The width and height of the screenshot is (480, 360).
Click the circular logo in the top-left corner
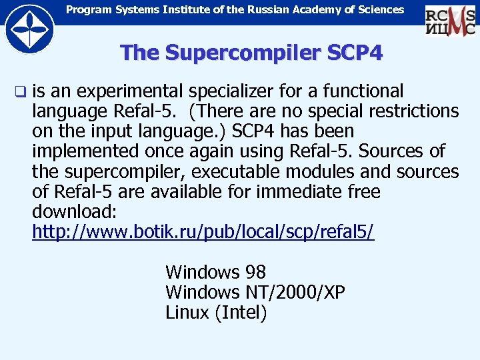coord(27,27)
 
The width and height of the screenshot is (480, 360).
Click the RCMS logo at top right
coord(450,19)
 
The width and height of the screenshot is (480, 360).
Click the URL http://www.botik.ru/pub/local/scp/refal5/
coord(203,232)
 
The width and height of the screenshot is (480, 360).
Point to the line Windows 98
coord(215,272)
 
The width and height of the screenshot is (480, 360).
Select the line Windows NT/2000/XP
coord(255,292)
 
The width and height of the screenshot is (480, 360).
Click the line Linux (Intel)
coord(216,312)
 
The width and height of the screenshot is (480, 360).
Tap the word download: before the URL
coord(75,212)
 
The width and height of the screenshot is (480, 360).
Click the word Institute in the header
coord(169,9)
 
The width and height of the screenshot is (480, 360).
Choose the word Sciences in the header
coord(379,9)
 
